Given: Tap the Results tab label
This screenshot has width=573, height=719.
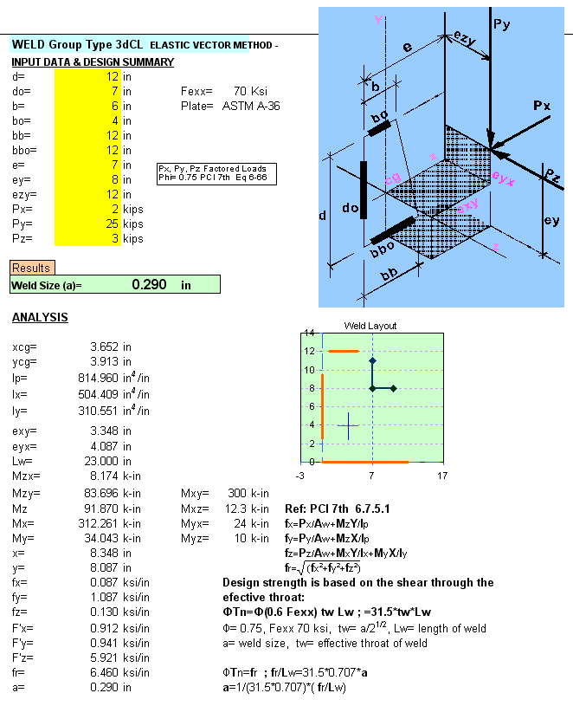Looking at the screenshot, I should coord(30,269).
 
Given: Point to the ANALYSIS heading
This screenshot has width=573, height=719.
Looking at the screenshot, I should coord(40,318).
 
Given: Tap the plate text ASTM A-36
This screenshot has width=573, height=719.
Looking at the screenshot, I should coord(251,106).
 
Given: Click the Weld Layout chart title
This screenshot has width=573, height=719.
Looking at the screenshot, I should coord(370,326).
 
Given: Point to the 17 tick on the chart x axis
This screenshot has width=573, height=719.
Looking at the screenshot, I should coord(442,476).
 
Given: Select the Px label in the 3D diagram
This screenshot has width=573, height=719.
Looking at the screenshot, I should coord(541,106).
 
